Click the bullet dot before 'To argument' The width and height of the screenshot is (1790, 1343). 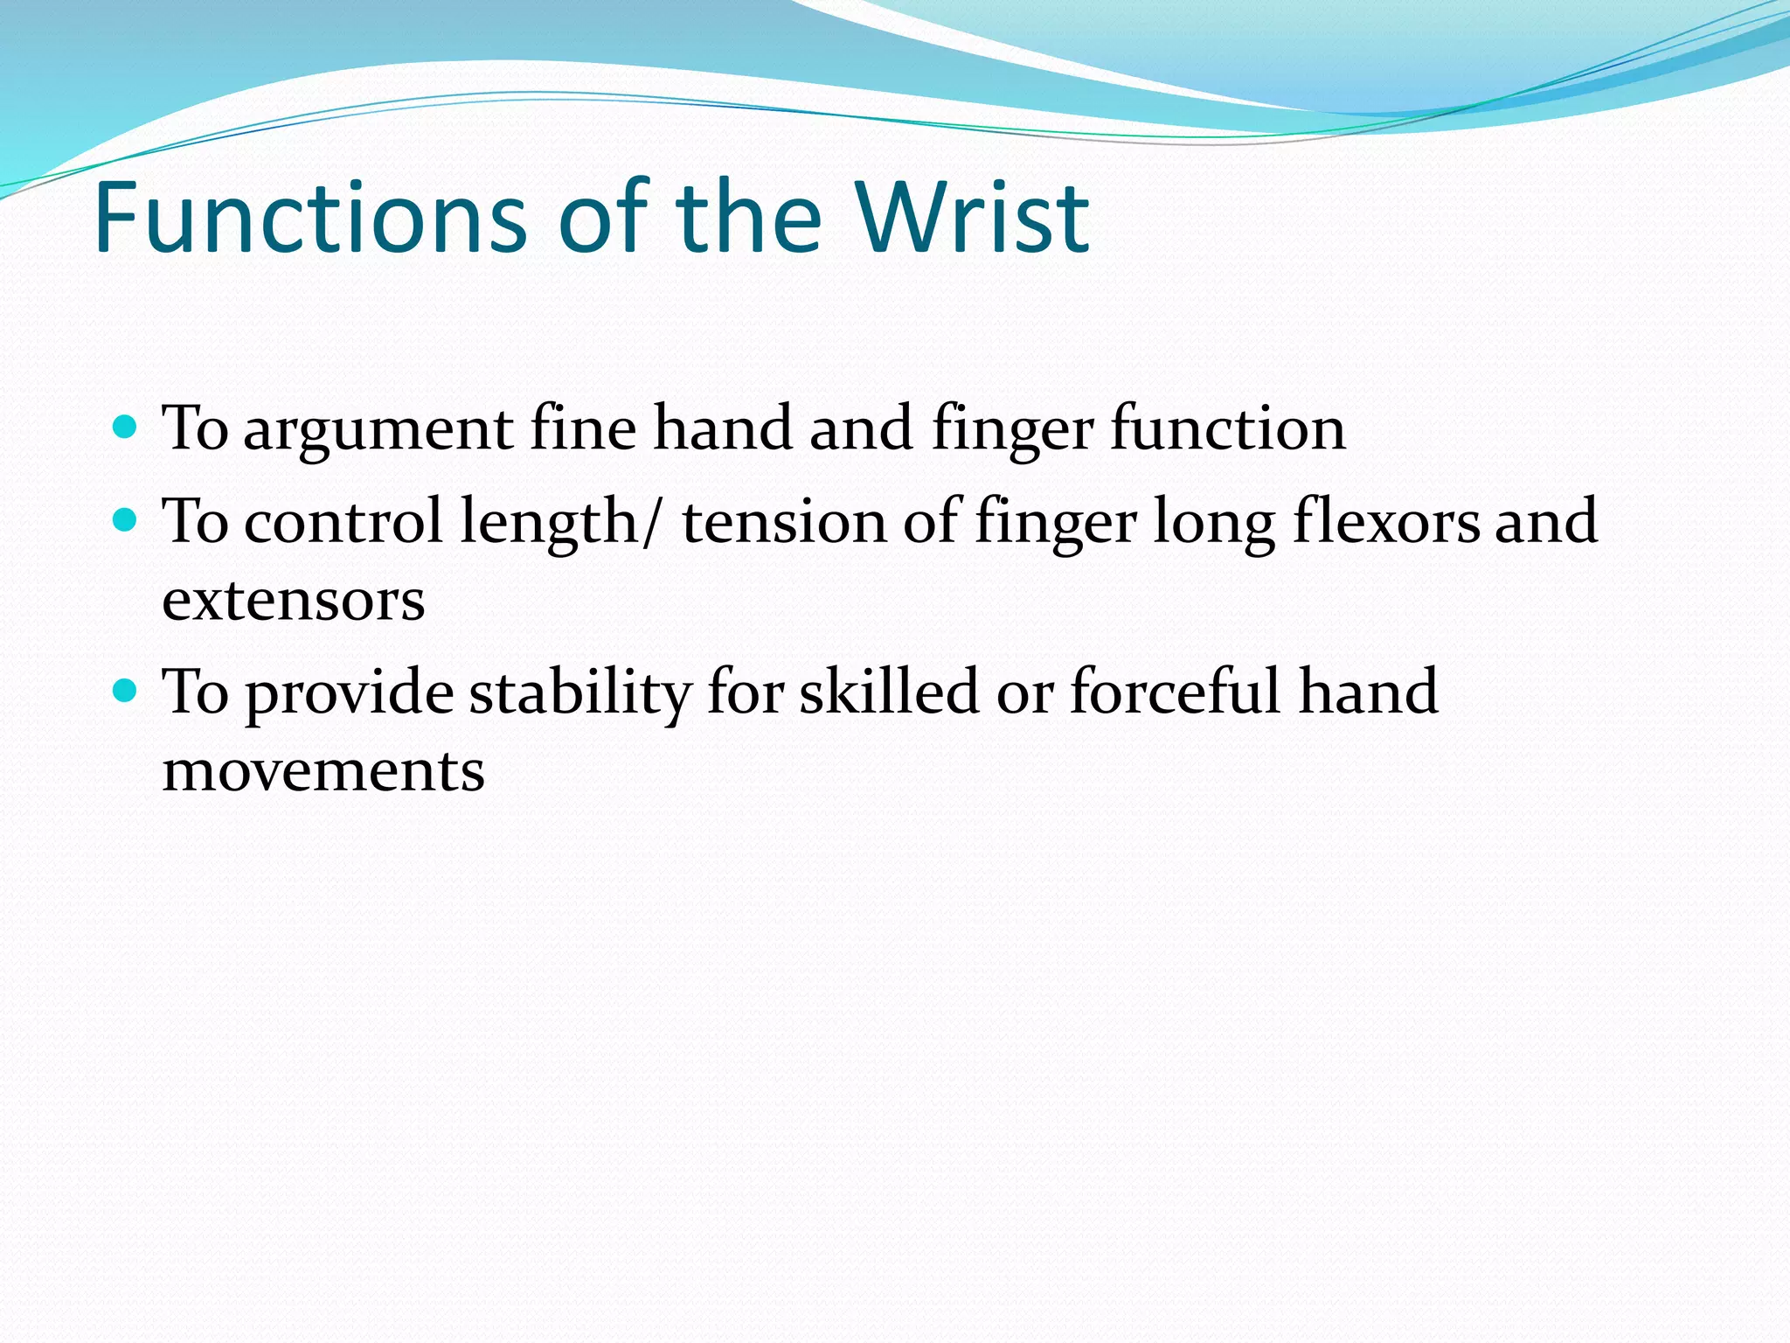point(126,427)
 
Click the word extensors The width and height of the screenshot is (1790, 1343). point(294,602)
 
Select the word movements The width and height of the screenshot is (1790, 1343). point(323,771)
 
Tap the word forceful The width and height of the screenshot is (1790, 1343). point(1176,692)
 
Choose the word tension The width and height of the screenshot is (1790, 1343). point(784,521)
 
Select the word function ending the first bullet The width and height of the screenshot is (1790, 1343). point(1228,430)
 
